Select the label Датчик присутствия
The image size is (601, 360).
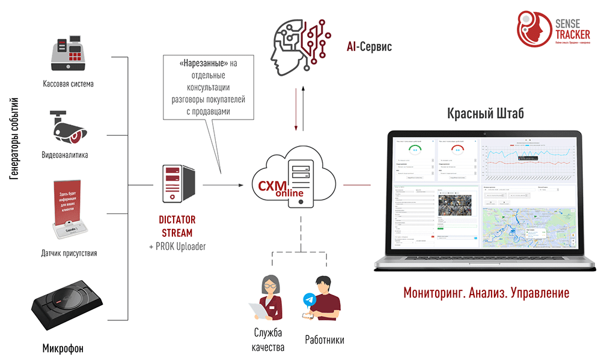click(70, 253)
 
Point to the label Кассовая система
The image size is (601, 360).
click(68, 84)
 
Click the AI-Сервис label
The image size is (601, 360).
click(369, 46)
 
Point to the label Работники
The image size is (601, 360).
click(325, 340)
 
